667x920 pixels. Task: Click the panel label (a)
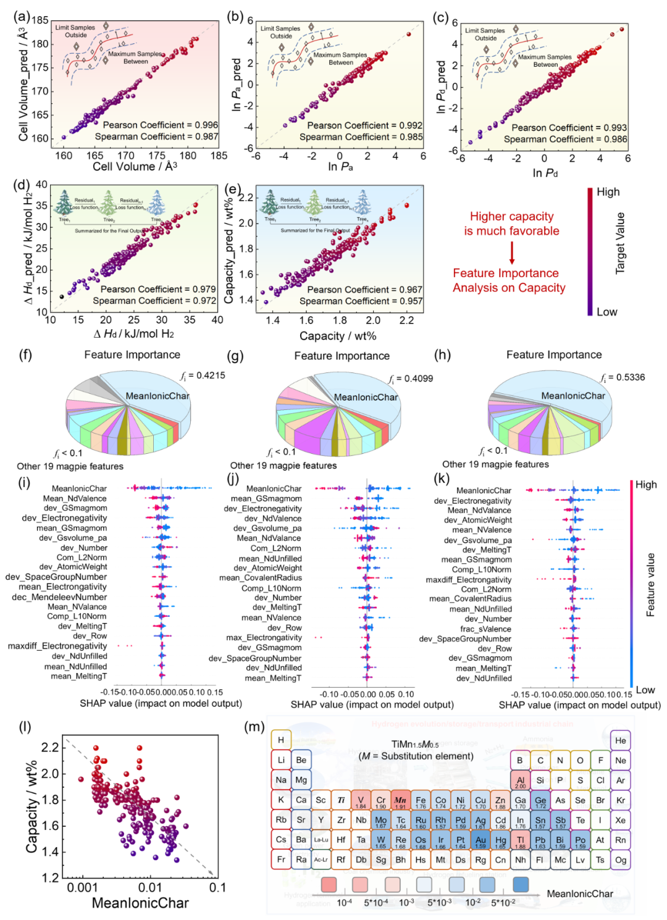22,16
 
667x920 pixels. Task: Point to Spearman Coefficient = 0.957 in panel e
361,301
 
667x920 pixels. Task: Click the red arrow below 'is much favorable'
512,253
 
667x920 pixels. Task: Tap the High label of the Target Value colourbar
608,192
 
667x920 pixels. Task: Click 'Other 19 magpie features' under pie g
283,466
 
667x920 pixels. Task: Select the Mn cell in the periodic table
400,801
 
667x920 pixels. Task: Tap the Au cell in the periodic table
480,841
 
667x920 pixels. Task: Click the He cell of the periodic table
621,740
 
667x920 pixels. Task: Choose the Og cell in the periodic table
621,859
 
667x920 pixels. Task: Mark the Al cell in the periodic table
520,781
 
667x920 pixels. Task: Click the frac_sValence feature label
485,629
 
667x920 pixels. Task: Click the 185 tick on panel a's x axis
219,156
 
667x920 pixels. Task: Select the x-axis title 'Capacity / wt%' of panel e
338,336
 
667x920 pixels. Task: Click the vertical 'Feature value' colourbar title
650,585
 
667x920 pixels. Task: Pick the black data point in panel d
62,296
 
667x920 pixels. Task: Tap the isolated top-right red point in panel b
408,34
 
